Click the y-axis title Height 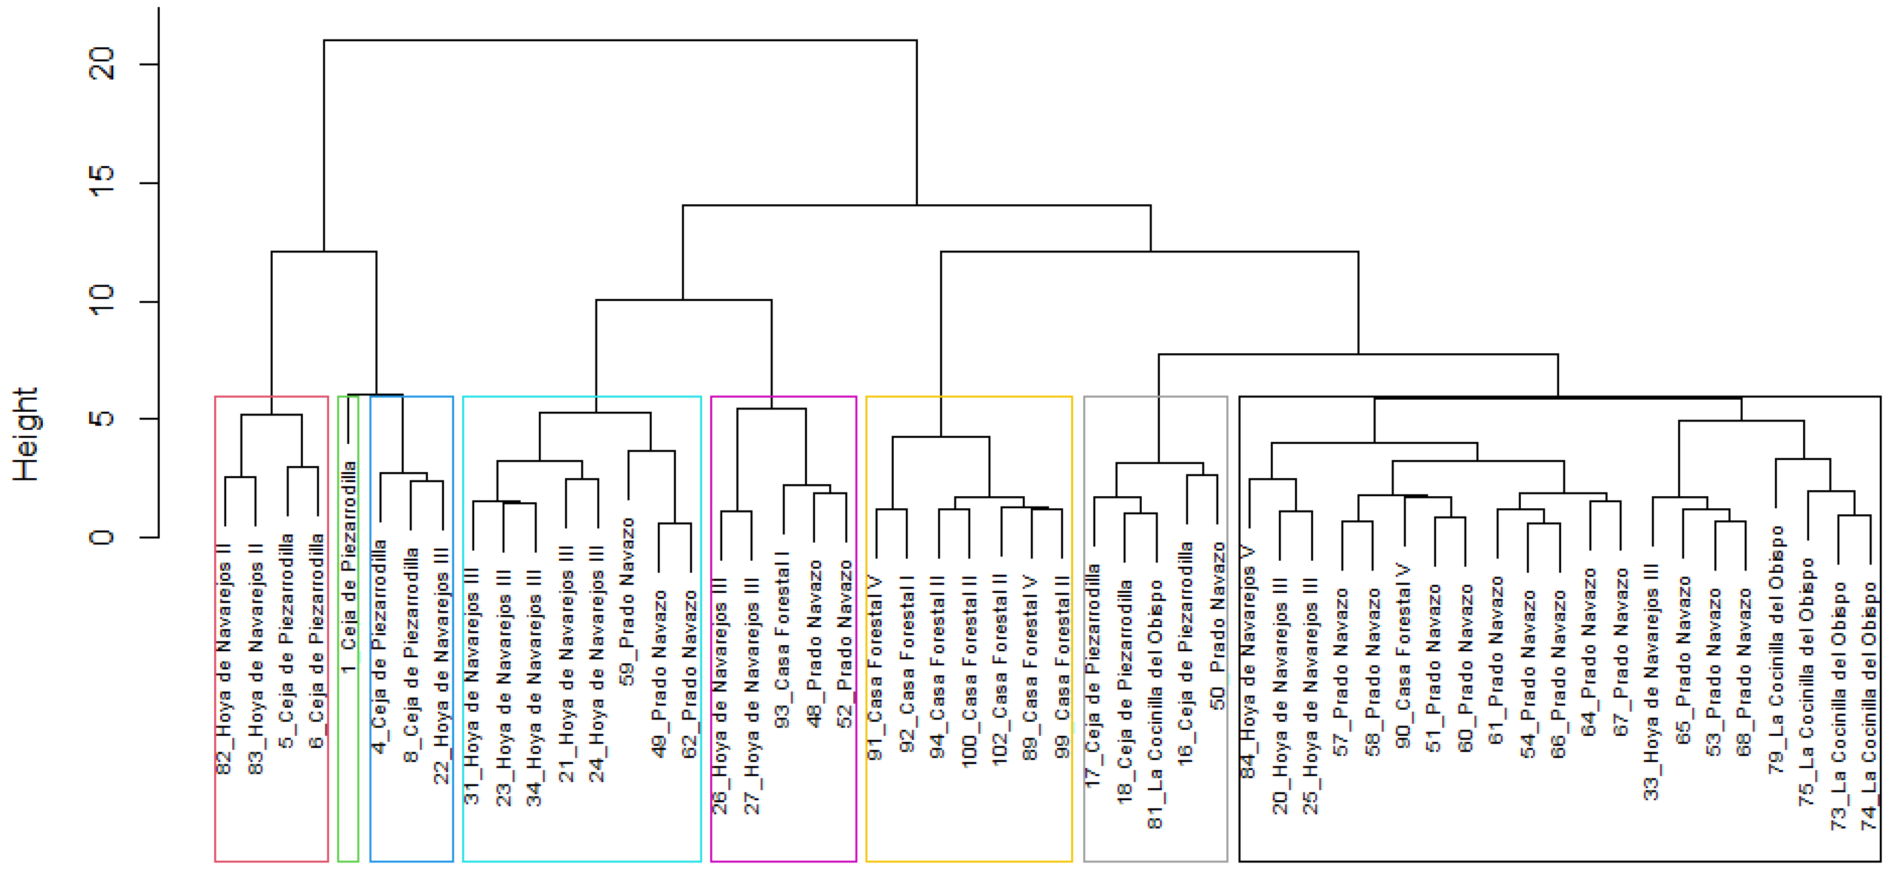coord(26,434)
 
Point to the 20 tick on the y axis coord(103,64)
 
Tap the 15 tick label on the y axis coord(103,182)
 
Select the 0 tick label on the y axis coord(103,537)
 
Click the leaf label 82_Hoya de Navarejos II coord(224,659)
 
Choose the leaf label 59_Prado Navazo coord(628,602)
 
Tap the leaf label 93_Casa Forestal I coord(783,645)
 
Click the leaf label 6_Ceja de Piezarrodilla coord(317,642)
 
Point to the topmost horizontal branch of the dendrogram coord(620,40)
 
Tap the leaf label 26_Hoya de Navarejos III coord(720,708)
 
